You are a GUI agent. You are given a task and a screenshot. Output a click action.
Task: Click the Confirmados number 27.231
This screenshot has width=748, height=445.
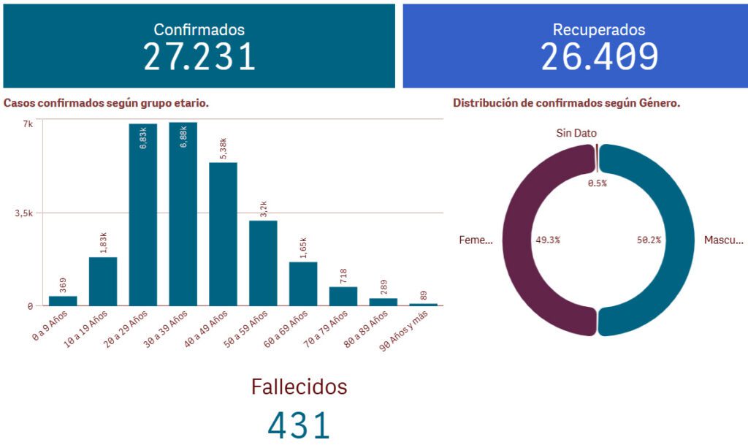tap(199, 57)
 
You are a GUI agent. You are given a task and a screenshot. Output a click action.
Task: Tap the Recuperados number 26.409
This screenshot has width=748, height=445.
tap(599, 57)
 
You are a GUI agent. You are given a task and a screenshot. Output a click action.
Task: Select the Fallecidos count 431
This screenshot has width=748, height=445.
tap(299, 425)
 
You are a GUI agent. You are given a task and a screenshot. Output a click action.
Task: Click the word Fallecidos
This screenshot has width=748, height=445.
tap(299, 387)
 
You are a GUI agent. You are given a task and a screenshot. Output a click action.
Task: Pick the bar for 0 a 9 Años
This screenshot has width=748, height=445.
tap(63, 300)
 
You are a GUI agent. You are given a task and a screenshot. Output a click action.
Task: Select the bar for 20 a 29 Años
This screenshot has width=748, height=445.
tap(143, 219)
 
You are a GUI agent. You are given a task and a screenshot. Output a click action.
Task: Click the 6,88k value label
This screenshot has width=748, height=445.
tap(183, 137)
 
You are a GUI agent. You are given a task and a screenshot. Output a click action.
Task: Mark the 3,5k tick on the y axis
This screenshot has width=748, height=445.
tap(23, 213)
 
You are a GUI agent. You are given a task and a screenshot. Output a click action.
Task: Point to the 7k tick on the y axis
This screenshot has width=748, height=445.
tap(27, 124)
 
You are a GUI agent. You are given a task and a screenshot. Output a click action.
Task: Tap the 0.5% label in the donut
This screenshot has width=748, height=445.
tap(598, 183)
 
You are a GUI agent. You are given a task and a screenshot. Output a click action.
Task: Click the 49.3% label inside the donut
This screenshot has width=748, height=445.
tap(548, 240)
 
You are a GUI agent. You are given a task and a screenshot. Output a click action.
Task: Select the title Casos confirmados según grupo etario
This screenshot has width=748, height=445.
tap(106, 103)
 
